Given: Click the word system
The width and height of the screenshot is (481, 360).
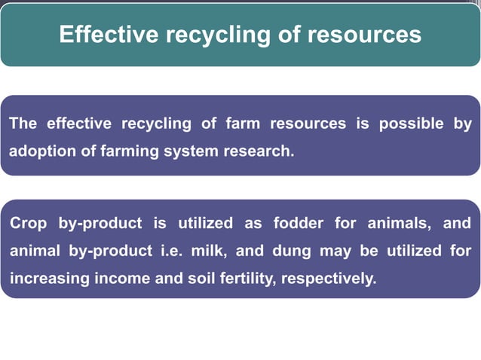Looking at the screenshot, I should pyautogui.click(x=191, y=151).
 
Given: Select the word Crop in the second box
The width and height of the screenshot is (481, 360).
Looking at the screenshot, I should pyautogui.click(x=26, y=224).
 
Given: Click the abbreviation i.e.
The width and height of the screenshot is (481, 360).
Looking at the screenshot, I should pyautogui.click(x=176, y=251).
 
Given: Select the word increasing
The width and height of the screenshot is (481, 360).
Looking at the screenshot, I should pyautogui.click(x=49, y=278).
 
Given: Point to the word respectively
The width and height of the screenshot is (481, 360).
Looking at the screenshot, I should pyautogui.click(x=328, y=278).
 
